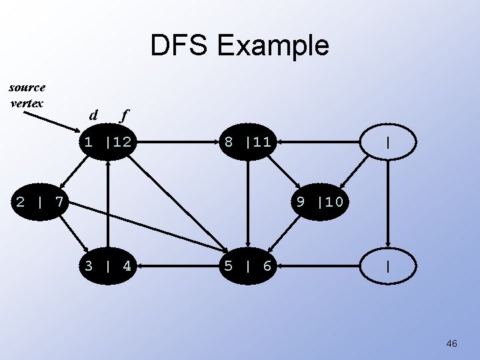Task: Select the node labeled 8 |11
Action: [x=248, y=142]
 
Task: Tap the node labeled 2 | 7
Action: [x=40, y=201]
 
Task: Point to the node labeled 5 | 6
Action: [x=248, y=267]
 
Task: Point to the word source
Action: [x=27, y=87]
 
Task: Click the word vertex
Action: [x=27, y=103]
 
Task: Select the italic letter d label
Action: [x=93, y=115]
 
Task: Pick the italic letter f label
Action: [x=123, y=115]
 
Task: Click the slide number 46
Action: [x=451, y=343]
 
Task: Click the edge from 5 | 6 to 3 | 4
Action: [x=180, y=267]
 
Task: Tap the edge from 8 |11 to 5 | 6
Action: [x=248, y=203]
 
